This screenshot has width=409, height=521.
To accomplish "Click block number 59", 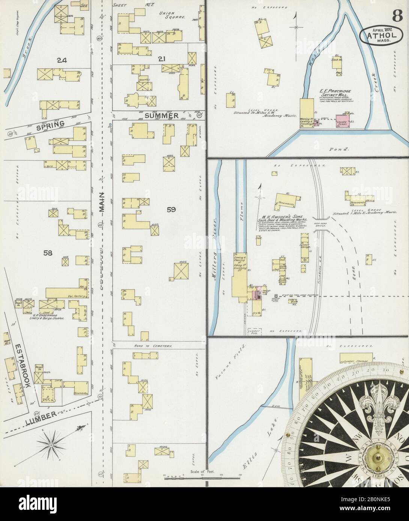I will point(171,210).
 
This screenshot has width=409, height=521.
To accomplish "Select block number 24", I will point(62,59).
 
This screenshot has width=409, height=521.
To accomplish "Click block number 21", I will point(162,59).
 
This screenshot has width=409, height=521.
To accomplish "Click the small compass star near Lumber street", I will point(50,445).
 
